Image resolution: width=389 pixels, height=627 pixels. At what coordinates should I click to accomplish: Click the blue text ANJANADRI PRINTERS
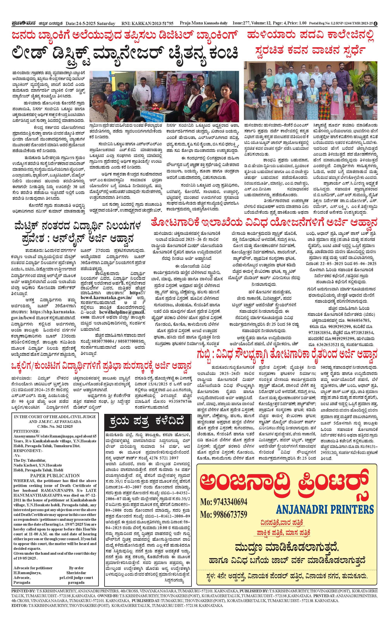(325, 509)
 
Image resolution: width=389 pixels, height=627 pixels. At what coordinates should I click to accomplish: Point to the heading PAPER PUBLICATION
(55, 476)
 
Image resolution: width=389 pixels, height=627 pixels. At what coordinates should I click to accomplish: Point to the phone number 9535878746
(180, 401)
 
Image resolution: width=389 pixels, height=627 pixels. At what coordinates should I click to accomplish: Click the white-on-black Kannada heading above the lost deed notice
(147, 421)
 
